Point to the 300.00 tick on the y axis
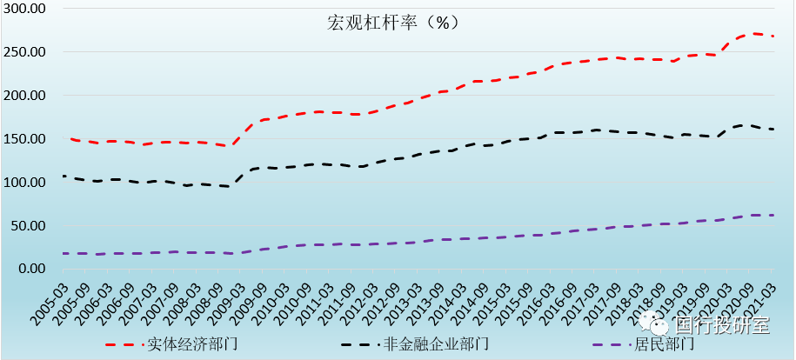click(24, 8)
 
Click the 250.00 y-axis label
click(24, 51)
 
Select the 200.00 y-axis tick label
click(24, 95)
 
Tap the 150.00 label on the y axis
click(24, 138)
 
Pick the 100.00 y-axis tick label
click(24, 182)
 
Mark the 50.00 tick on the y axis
click(27, 225)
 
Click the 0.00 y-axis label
click(30, 269)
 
